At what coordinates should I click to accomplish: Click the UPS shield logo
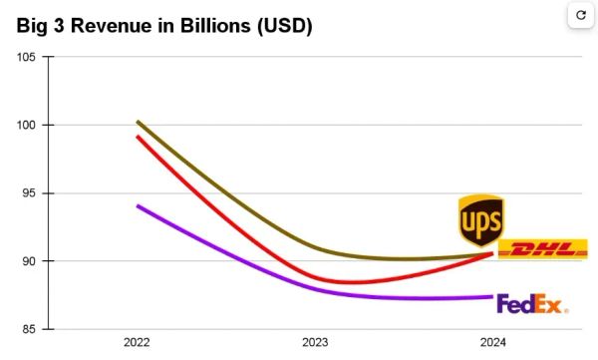point(480,220)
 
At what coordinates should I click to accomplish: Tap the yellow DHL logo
point(542,249)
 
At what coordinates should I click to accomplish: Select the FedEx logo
point(531,304)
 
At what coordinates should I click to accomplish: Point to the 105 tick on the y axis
point(27,57)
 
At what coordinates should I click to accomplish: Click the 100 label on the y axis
point(27,125)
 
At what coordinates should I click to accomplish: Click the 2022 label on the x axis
point(138,343)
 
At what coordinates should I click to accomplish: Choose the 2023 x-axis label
point(315,343)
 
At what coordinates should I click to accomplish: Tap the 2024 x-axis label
point(492,343)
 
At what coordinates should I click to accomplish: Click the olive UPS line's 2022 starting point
point(138,122)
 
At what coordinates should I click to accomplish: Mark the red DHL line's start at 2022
point(138,137)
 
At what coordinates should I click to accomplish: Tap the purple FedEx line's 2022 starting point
point(138,205)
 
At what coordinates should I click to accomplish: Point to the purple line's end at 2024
point(492,296)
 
